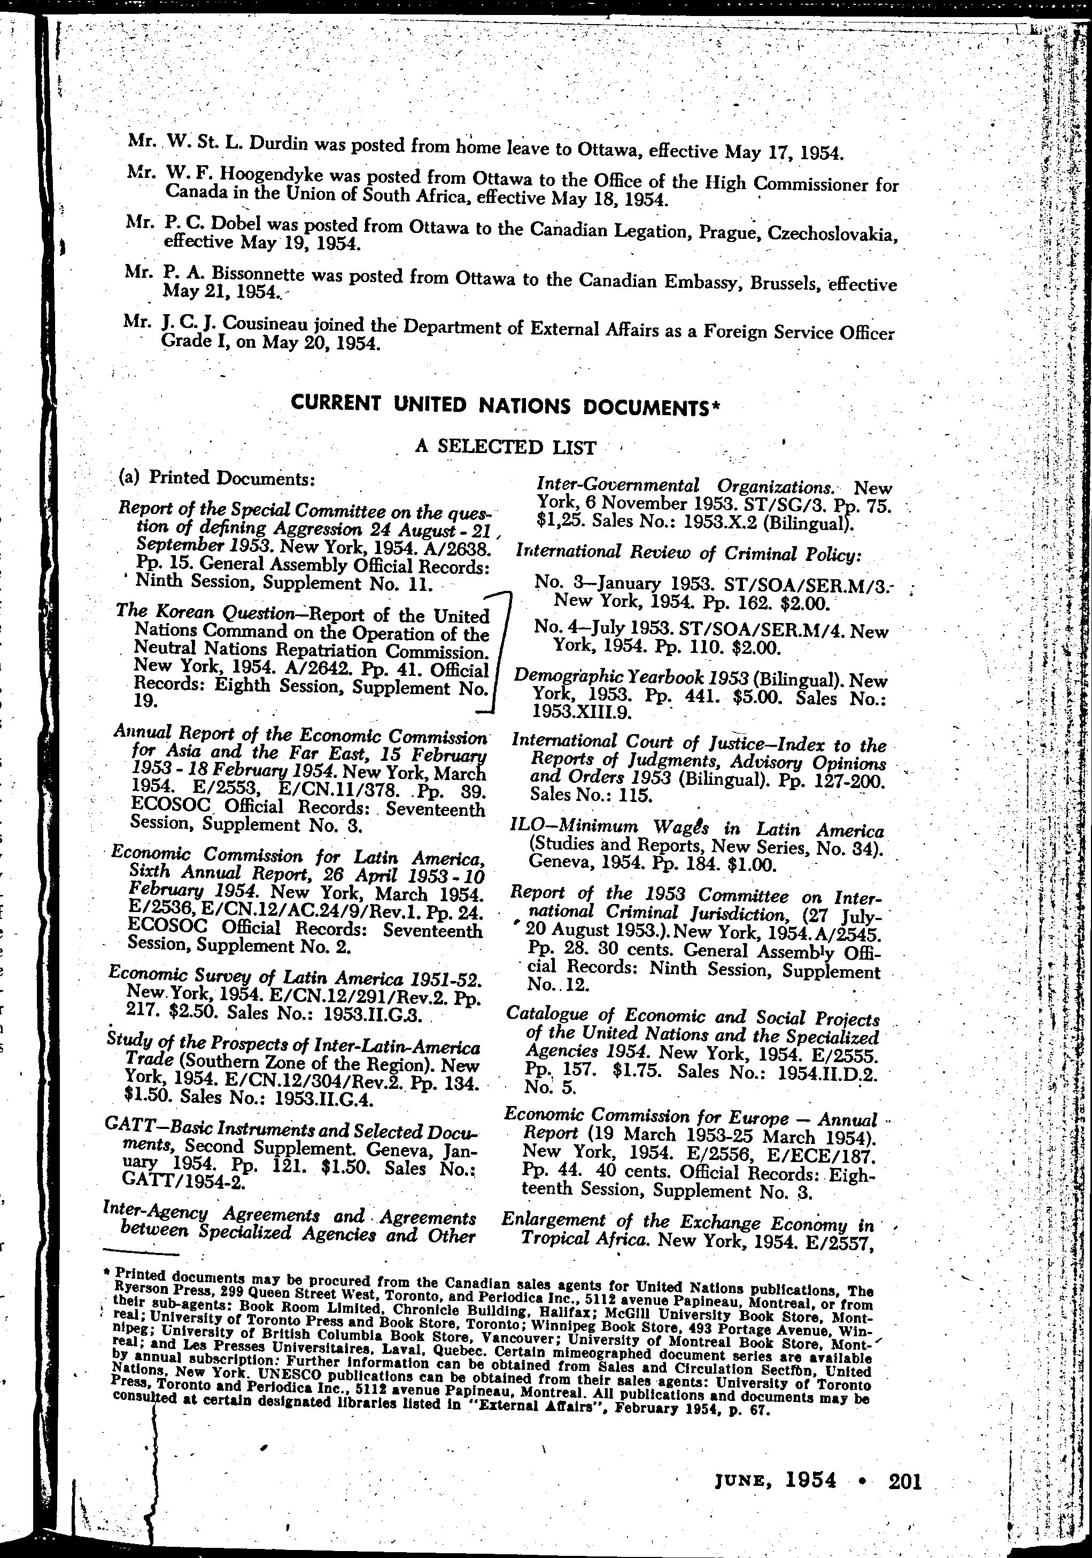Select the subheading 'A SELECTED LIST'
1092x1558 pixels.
pyautogui.click(x=506, y=447)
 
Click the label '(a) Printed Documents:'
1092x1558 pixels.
pyautogui.click(x=216, y=478)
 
